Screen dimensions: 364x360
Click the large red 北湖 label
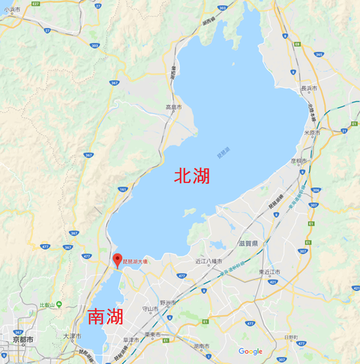[191, 176]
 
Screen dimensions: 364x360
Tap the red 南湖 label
[105, 317]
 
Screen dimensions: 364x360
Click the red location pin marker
[116, 260]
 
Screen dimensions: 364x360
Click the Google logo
[250, 351]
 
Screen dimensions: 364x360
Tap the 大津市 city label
[70, 336]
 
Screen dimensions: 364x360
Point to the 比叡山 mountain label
[49, 306]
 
